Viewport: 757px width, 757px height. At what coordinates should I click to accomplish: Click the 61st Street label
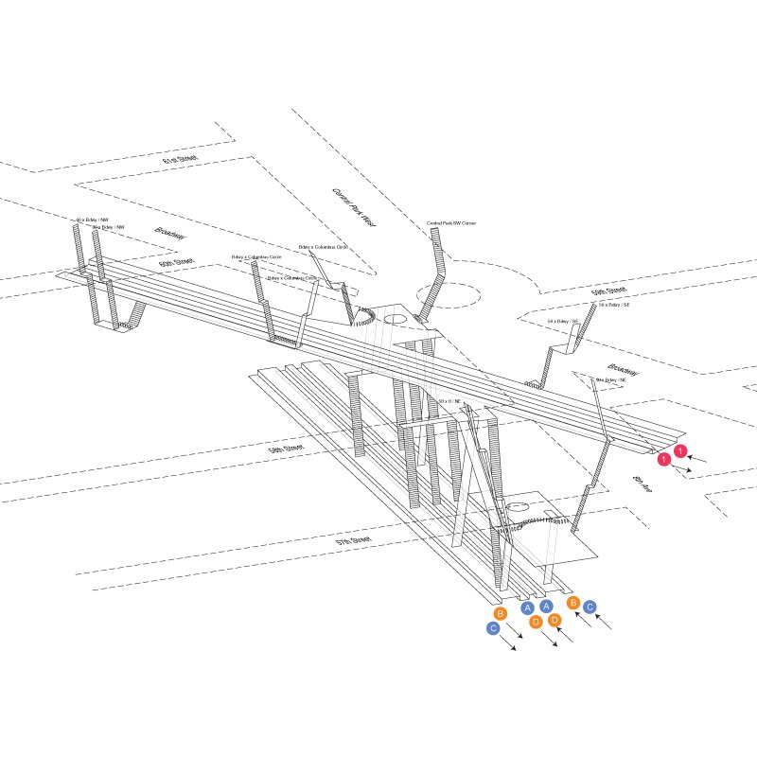tap(177, 162)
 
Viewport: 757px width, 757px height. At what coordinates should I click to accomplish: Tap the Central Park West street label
tap(354, 206)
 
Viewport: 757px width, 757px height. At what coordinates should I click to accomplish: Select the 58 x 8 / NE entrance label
tap(450, 401)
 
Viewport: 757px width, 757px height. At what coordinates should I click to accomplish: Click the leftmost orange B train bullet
tap(501, 613)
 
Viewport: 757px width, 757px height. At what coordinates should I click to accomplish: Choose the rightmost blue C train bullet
tap(590, 607)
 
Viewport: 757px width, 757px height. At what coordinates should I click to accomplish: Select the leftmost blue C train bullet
tap(493, 627)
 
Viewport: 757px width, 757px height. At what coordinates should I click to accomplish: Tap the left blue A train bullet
tap(527, 607)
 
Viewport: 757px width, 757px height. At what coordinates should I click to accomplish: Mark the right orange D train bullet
tap(555, 620)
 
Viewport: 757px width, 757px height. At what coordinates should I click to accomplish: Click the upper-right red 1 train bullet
tap(679, 451)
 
